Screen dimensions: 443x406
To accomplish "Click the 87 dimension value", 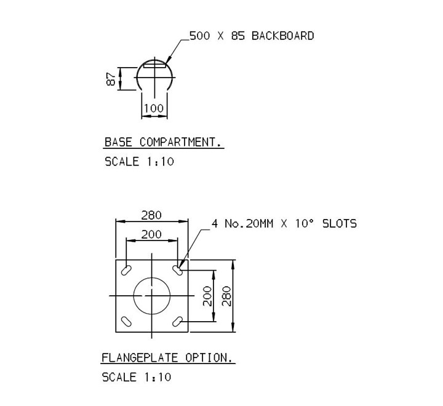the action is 111,79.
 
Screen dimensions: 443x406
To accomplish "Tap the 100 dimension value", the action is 154,108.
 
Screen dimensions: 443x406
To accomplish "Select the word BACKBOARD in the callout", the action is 282,36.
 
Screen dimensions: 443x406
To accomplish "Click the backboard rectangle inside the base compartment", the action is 154,66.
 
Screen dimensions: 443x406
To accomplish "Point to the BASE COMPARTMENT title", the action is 162,142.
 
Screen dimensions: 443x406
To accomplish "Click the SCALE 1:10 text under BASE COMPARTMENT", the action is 139,162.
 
